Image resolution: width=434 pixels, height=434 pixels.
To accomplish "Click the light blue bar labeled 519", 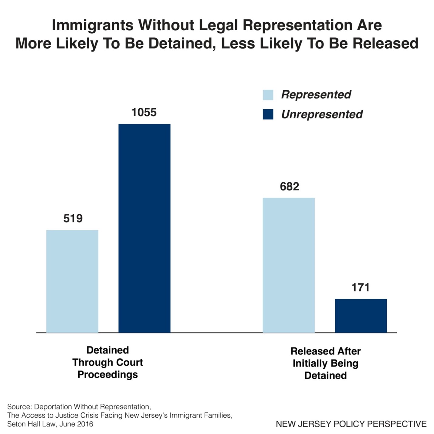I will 72,281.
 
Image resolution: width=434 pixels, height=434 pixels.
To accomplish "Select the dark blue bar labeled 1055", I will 144,228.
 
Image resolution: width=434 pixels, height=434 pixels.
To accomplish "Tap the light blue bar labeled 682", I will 289,265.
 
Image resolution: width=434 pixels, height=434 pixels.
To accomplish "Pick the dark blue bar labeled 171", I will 361,316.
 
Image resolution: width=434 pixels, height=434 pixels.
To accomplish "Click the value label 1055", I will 144,112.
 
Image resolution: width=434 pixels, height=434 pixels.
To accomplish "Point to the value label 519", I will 73,219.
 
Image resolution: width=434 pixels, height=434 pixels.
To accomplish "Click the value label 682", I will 289,186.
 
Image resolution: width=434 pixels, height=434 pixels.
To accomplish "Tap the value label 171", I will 361,287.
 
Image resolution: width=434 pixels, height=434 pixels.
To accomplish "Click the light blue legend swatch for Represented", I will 268,95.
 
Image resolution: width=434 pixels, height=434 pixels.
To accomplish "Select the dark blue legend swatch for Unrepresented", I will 268,114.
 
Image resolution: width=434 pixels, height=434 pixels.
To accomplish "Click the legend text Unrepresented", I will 322,114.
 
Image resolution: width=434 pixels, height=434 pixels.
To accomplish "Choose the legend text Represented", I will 316,95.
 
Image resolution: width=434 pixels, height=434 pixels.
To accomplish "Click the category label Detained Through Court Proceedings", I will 108,362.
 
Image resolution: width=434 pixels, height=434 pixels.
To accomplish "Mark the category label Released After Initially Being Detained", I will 325,363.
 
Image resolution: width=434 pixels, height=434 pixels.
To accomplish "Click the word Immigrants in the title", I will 92,25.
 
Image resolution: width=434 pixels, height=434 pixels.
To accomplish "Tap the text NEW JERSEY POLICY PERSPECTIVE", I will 351,424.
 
